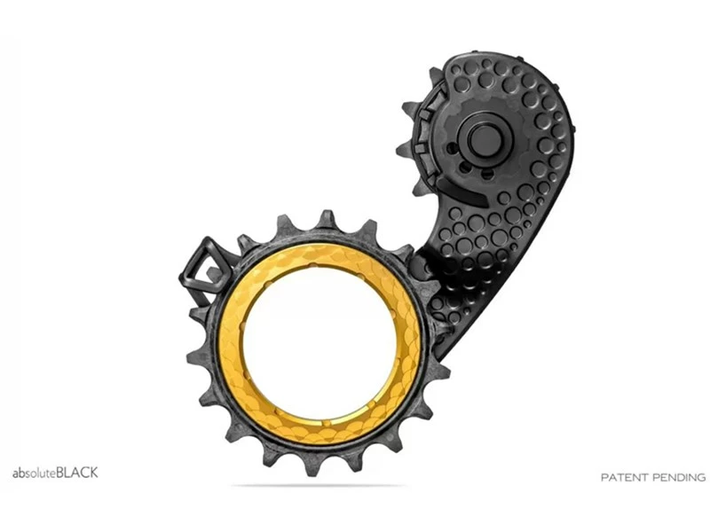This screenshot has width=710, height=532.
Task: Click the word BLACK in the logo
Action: pos(77,473)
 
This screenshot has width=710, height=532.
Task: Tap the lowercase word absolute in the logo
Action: pos(34,473)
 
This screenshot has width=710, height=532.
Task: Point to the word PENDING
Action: pos(680,477)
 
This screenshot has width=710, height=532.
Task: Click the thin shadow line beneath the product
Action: pos(319,486)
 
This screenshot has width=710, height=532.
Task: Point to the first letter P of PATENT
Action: pos(605,477)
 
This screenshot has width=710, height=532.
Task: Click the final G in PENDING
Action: pos(701,477)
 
